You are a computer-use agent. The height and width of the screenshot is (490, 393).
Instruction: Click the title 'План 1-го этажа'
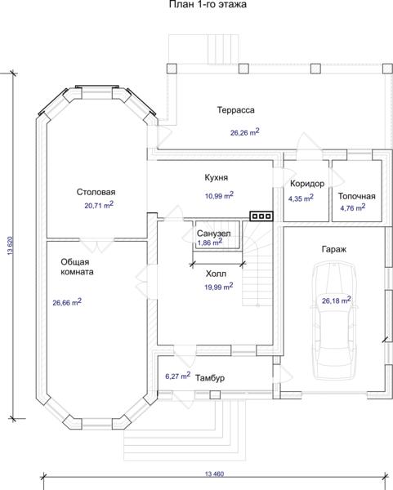208,4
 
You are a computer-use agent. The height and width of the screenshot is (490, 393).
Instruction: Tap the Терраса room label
236,110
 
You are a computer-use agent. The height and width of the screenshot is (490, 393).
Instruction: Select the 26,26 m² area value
245,131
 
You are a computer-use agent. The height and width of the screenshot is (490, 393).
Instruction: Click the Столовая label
96,192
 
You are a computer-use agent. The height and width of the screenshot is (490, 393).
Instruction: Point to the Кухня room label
217,178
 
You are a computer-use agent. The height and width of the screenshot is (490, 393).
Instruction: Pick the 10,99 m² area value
219,195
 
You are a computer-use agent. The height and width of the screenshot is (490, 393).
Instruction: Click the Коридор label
307,184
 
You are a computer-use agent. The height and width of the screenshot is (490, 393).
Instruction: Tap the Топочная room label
357,196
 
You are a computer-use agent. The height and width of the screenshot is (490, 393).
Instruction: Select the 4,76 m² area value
353,207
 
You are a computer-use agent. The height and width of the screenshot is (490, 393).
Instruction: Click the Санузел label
214,234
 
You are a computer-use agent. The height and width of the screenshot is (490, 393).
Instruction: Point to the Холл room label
216,274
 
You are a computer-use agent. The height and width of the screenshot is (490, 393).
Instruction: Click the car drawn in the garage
333,321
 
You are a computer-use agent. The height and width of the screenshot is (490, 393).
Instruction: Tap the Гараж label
334,249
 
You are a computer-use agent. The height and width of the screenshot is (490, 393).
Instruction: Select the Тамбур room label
210,378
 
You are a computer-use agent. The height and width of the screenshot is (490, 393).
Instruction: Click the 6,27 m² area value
177,376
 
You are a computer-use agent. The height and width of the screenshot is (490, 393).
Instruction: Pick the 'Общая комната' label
77,266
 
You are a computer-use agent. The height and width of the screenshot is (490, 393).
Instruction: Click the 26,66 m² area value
67,302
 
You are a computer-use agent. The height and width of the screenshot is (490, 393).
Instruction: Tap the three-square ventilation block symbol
261,216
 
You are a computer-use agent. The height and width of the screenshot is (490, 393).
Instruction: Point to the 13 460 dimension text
215,474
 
